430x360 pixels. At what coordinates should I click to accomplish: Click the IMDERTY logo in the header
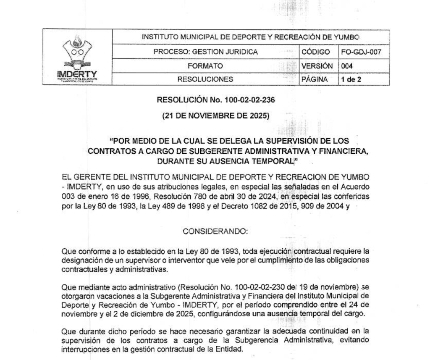click(77, 58)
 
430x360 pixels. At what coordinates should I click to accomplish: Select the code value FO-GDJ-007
click(364, 52)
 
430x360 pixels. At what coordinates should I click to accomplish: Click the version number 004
click(347, 66)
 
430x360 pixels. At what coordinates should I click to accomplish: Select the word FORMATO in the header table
click(205, 66)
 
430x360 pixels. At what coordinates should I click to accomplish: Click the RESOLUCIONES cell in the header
click(205, 79)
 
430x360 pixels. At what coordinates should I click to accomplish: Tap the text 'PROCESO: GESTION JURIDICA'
click(205, 52)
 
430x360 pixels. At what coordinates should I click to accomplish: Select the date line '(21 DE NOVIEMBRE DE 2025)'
click(215, 116)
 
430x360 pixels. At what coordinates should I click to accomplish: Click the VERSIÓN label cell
click(317, 66)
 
